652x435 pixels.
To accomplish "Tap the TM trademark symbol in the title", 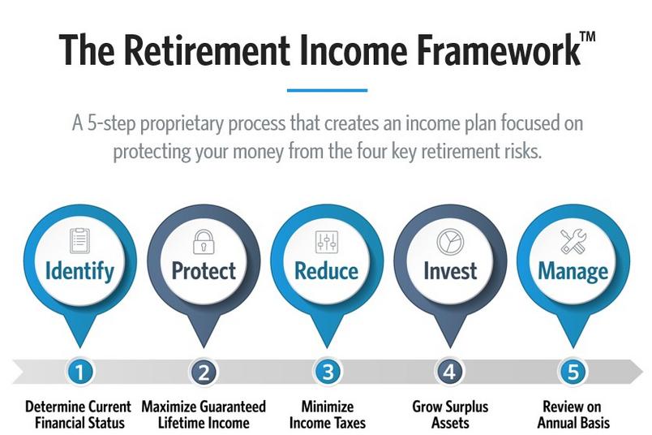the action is click(x=588, y=37).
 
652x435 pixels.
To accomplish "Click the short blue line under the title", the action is click(x=328, y=90).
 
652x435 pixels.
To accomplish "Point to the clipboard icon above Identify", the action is click(x=79, y=240).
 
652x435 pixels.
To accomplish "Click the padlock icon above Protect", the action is click(x=204, y=242).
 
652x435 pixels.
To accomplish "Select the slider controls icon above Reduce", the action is click(x=327, y=242).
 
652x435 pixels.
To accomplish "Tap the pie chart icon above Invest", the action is click(x=450, y=241).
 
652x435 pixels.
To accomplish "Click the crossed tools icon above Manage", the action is click(x=573, y=241).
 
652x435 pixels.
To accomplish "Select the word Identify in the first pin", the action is click(x=79, y=271).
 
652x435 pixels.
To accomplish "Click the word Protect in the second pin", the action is click(x=204, y=270).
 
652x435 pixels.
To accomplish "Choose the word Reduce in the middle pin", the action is click(x=327, y=270).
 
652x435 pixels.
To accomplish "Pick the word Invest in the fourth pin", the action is click(x=450, y=270).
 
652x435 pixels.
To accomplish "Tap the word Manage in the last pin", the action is click(x=573, y=272).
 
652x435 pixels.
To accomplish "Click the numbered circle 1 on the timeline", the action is click(x=79, y=372).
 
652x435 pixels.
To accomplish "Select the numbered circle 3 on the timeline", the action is click(x=328, y=372).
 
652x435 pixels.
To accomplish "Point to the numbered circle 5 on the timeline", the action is click(x=573, y=372).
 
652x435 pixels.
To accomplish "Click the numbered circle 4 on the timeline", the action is click(x=450, y=372).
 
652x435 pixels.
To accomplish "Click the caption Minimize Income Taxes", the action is click(x=328, y=415).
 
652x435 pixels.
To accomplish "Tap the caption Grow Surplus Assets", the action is click(x=450, y=415).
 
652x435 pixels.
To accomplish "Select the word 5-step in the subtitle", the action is click(x=111, y=124).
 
